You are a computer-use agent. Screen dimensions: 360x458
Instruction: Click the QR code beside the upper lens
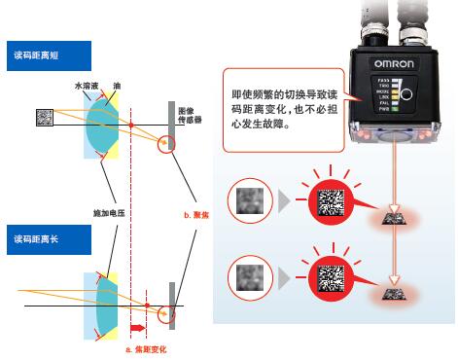point(44,118)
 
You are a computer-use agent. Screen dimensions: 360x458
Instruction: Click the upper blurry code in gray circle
point(243,202)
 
